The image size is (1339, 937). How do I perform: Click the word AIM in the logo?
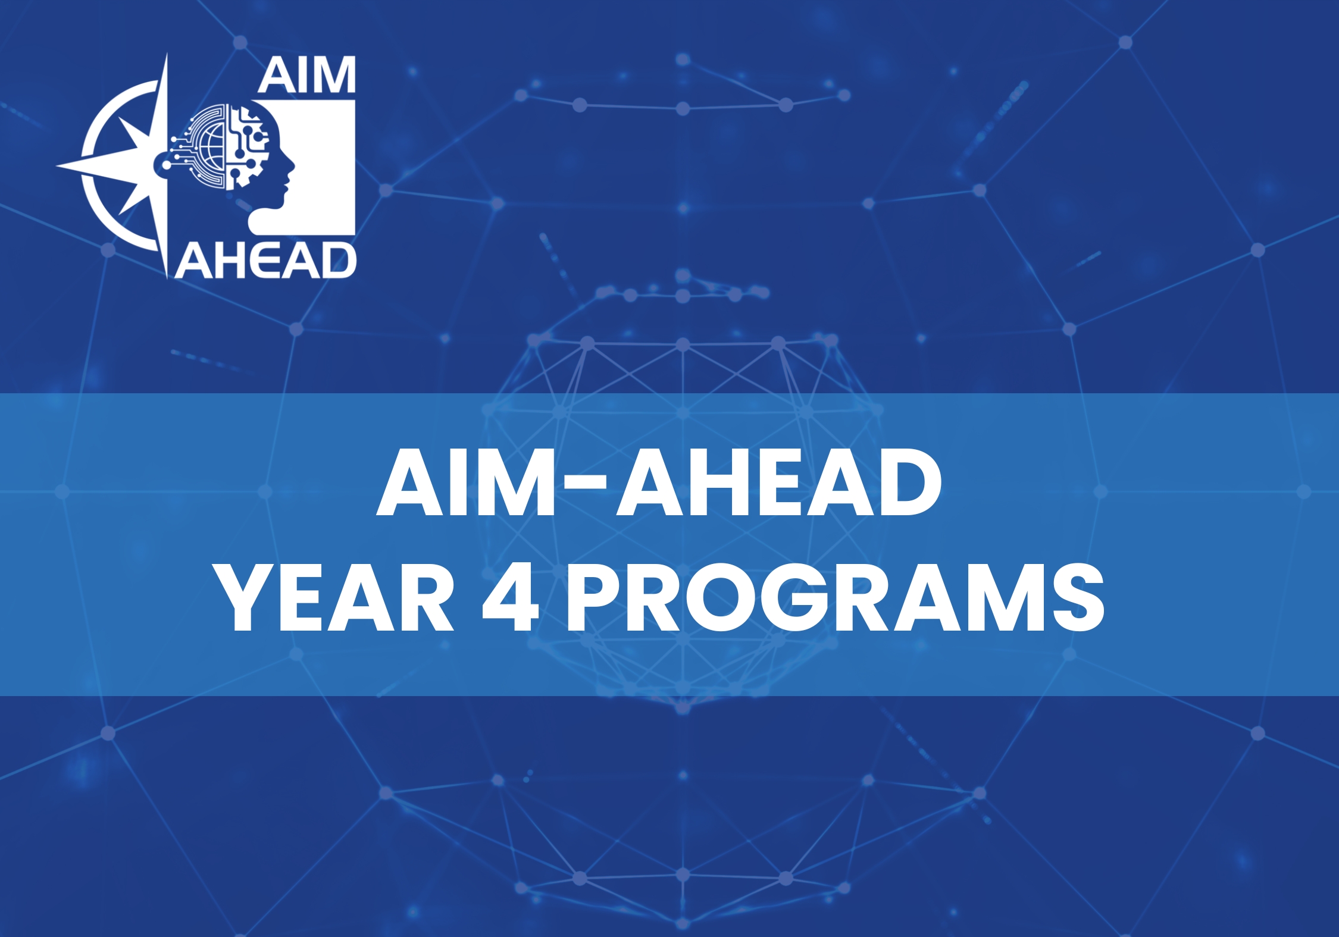306,76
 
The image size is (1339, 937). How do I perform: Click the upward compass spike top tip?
166,57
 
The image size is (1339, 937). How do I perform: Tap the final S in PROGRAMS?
1078,597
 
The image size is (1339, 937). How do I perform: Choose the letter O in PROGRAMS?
714,597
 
